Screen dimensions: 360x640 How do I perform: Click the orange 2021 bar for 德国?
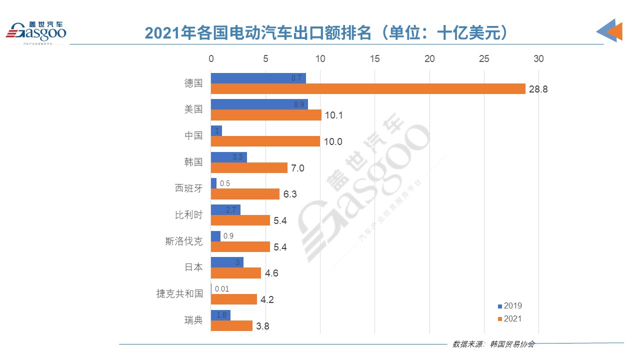(368, 89)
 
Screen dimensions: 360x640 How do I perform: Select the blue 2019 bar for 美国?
(259, 104)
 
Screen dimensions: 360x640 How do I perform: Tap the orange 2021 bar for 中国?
(265, 141)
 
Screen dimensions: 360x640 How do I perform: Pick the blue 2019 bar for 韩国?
(228, 157)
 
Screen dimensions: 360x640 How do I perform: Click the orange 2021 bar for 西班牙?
(245, 194)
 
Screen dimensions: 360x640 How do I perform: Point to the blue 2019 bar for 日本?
(227, 262)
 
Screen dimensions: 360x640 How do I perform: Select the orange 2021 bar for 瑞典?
(231, 326)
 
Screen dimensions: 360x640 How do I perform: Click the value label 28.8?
(539, 89)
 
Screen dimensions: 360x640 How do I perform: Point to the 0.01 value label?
(222, 289)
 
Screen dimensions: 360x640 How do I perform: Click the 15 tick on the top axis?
(374, 59)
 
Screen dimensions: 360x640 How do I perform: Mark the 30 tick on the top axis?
(538, 59)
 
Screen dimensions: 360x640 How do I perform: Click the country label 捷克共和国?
(179, 294)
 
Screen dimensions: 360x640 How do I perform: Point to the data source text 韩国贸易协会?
(513, 344)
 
